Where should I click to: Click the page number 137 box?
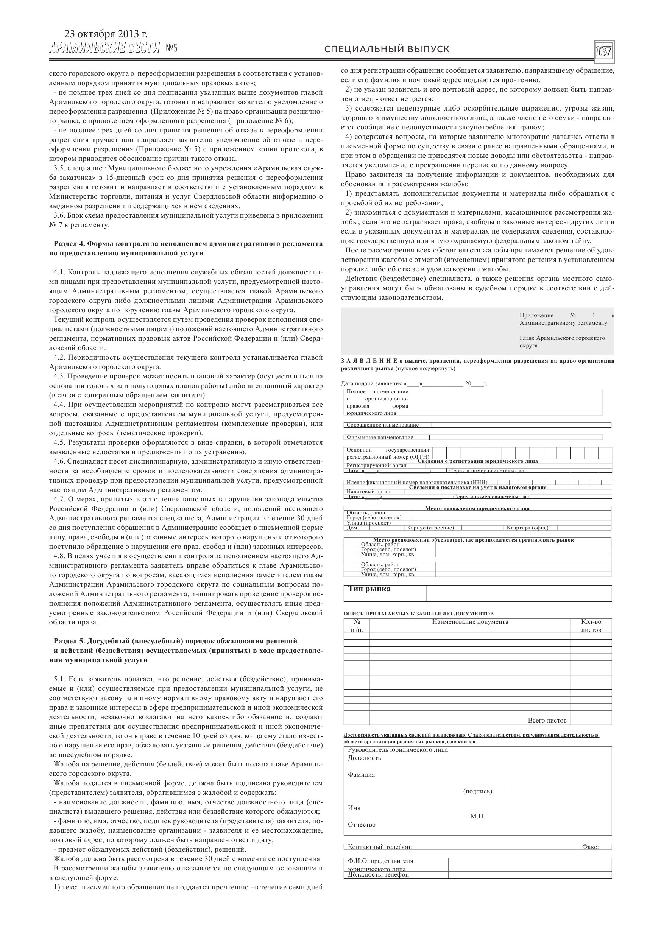point(604,51)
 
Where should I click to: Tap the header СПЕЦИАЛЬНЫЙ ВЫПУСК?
point(387,50)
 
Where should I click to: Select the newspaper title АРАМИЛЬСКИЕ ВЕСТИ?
point(104,48)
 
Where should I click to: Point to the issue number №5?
point(172,49)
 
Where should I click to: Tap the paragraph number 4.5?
point(60,442)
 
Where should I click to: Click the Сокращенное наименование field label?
point(382,425)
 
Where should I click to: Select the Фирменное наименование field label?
point(380,437)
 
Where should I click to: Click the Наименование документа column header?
point(470,622)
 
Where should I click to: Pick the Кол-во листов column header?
point(591,625)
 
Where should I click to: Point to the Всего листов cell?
point(547,721)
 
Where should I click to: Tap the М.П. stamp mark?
point(477,816)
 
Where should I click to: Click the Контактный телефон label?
point(380,847)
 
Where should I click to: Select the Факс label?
point(590,847)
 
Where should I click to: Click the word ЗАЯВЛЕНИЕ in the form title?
point(369,361)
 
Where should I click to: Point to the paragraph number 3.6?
point(60,215)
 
